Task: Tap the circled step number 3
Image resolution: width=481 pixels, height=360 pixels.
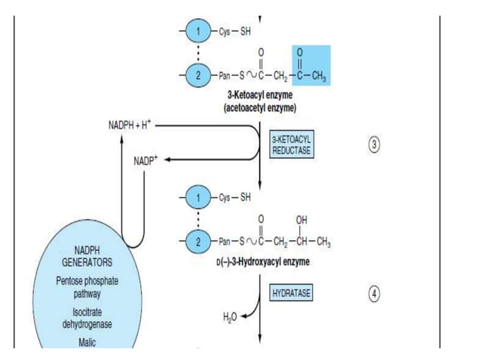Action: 375,145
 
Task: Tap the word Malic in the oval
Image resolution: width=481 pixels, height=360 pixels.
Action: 87,342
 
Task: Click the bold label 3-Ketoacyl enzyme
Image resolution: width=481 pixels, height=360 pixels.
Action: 259,96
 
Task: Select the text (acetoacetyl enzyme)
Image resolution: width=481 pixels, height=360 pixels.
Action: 259,108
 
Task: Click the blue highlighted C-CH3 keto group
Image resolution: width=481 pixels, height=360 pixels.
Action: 305,66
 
